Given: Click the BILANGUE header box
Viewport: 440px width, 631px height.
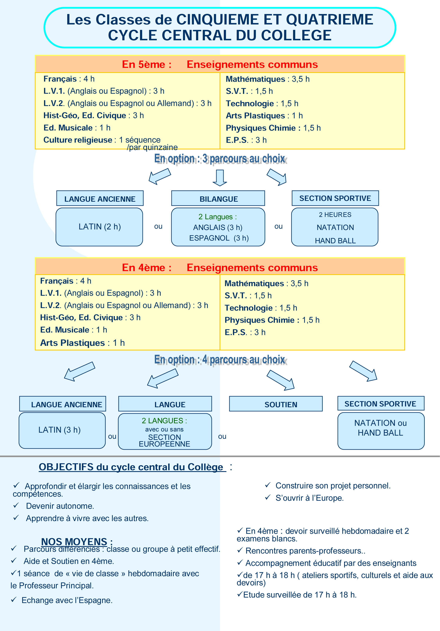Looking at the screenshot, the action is tap(218, 198).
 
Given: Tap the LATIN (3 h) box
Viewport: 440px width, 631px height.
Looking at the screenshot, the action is tap(62, 430).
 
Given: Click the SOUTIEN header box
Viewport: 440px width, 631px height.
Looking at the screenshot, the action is tap(276, 404).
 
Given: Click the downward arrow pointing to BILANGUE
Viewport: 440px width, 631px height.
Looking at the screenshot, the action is tap(220, 178).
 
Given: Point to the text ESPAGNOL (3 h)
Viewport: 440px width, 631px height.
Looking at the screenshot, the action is tap(219, 238).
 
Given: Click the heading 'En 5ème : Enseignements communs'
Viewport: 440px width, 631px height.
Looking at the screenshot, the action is tap(220, 64).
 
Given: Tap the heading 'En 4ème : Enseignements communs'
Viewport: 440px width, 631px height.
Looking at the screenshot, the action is tap(220, 267).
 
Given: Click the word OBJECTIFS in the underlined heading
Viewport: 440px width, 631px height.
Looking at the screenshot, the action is tap(66, 467).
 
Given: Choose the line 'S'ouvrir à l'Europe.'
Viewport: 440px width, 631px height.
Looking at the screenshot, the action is tap(310, 498).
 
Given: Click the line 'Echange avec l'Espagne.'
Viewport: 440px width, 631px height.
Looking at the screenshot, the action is tap(67, 600).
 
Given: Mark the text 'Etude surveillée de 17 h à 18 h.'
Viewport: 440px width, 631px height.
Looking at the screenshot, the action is tap(300, 595).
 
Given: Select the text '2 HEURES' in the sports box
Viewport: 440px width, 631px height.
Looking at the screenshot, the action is tap(335, 215).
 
